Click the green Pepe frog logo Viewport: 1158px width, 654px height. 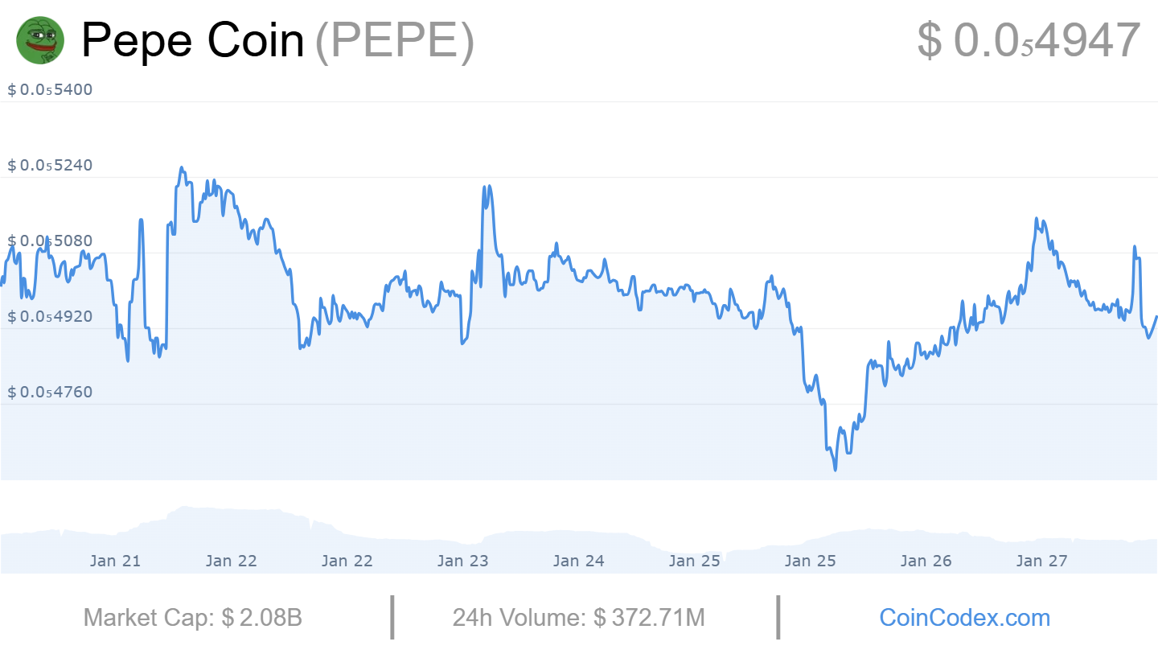point(40,40)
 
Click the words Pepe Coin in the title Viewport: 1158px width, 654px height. point(193,40)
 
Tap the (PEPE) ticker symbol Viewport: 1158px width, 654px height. point(395,40)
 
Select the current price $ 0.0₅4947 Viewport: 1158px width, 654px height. point(1029,40)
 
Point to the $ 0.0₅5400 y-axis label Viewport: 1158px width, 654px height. point(50,89)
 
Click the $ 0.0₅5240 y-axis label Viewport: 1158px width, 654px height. point(50,165)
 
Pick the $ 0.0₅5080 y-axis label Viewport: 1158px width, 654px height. point(50,241)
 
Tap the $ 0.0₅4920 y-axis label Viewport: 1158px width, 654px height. point(50,316)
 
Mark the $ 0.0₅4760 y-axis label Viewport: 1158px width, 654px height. point(50,392)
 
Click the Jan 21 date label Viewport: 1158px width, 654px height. point(115,561)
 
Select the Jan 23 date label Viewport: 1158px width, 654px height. point(462,561)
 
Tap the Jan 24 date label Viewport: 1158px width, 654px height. point(578,561)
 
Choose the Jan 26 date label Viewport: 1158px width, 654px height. point(926,561)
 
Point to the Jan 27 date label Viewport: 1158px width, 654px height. point(1041,561)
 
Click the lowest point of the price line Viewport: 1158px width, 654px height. point(836,470)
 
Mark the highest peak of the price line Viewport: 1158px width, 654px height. point(181,168)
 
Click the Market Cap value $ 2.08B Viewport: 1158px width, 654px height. point(261,618)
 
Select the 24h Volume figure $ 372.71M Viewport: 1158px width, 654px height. point(649,618)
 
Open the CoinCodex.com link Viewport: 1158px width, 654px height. point(964,618)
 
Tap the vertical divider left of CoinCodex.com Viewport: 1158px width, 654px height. point(778,618)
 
